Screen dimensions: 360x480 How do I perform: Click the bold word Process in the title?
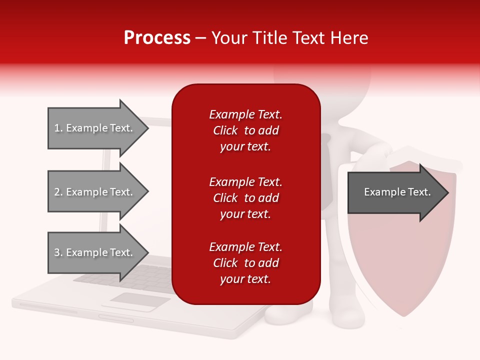coord(157,38)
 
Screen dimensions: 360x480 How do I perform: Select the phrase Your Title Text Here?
coord(289,38)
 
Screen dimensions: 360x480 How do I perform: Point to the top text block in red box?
coord(245,130)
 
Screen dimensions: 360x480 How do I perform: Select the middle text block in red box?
coord(245,198)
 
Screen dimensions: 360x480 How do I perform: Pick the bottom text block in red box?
coord(245,263)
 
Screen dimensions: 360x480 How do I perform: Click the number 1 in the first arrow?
coord(57,128)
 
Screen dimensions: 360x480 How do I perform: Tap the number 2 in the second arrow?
coord(57,192)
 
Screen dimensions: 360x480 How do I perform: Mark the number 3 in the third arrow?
coord(57,252)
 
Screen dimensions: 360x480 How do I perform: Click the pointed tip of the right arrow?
coord(447,192)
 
